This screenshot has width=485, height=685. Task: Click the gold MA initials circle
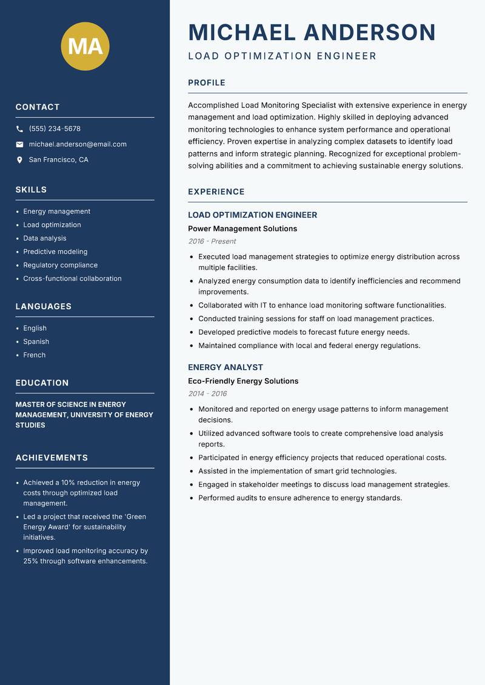pos(85,46)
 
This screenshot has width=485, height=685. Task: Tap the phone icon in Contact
pos(19,129)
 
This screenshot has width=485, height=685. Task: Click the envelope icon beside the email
pos(19,144)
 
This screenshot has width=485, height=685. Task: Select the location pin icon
pos(19,160)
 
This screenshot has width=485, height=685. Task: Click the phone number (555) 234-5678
pos(55,129)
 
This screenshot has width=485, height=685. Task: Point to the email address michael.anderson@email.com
pos(78,144)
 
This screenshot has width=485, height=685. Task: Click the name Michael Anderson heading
pos(312,32)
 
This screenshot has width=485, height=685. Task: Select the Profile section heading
pos(207,83)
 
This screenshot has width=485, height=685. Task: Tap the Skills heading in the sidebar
pos(31,190)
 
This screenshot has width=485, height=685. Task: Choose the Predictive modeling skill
pos(55,252)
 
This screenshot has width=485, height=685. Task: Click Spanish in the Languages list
pos(36,341)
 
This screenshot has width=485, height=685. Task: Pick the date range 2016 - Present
pos(212,241)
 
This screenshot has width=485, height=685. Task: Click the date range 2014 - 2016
pos(207,393)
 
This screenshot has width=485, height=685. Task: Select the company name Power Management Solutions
pos(242,229)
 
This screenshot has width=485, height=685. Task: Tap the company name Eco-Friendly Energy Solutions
pos(243,381)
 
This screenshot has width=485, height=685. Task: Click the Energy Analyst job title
pos(226,367)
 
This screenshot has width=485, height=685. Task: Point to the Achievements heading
pos(52,458)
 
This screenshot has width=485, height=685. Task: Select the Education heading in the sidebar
pos(42,383)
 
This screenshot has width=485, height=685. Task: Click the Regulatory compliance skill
pos(60,265)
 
